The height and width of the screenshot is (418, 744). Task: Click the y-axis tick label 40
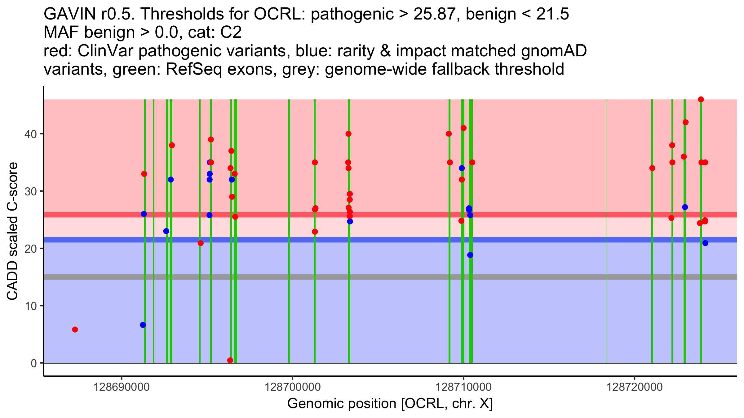pos(30,134)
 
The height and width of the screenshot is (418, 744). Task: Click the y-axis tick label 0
pos(33,363)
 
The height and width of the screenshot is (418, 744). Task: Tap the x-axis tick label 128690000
pos(122,387)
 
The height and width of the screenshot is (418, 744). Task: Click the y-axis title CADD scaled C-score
pos(12,231)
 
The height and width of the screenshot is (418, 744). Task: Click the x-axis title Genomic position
pos(390,404)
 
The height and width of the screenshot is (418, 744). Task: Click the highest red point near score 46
pos(701,99)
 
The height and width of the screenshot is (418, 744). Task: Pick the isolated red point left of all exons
pos(75,329)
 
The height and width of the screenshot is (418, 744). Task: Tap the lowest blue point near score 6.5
pos(143,325)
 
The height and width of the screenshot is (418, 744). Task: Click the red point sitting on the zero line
pos(230,360)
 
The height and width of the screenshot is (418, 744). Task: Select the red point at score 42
pos(685,122)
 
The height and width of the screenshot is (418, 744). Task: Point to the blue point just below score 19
pos(470,255)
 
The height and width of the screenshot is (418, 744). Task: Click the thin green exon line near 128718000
pos(606,217)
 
